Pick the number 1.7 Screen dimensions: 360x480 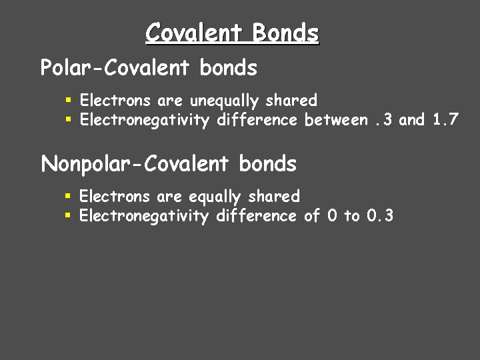[445, 120]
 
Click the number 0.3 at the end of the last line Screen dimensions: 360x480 [380, 215]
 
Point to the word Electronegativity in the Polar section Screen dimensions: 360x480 [143, 120]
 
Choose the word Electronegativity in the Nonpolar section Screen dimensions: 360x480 [143, 215]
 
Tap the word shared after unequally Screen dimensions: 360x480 [291, 101]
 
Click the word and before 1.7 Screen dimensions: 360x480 [411, 120]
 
